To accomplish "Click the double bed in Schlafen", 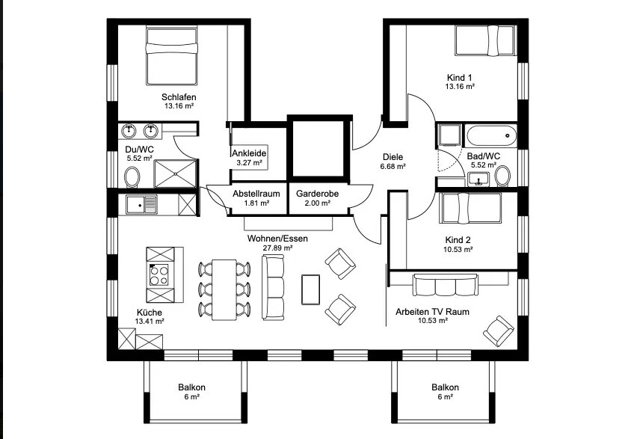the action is [x=172, y=55].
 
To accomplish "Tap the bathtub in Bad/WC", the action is [x=491, y=136].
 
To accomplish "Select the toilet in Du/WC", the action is [x=132, y=177].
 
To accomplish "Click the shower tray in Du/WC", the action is [x=176, y=174].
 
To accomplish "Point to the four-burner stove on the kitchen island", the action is [x=159, y=274].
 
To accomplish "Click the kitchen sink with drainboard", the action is [x=141, y=204].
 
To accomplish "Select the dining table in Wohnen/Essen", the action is [x=224, y=289].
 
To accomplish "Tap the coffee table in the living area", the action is [x=311, y=289].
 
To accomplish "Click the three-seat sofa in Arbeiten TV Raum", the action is [x=445, y=285].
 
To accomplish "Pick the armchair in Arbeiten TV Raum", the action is [x=499, y=331].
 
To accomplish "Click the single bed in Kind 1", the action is [x=485, y=40].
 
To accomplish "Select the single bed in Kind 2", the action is [x=470, y=208].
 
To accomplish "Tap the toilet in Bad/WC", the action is [x=502, y=176].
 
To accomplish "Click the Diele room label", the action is [x=393, y=157].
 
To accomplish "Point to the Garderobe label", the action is [x=318, y=194].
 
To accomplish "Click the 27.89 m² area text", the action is [x=277, y=248].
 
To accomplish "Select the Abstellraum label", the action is [x=256, y=194].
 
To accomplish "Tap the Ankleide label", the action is [x=249, y=153].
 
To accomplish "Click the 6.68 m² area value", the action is [x=393, y=166].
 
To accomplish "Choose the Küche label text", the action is [x=150, y=313].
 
